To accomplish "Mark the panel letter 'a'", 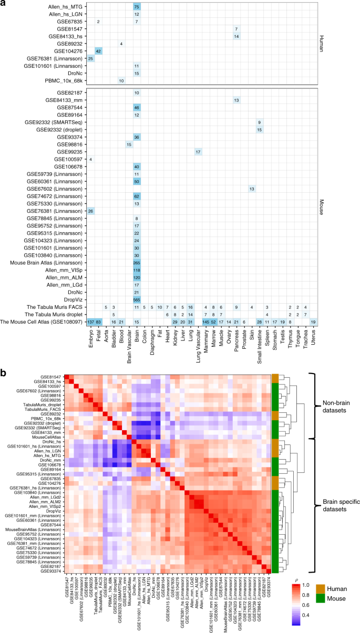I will (x=4, y=4).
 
